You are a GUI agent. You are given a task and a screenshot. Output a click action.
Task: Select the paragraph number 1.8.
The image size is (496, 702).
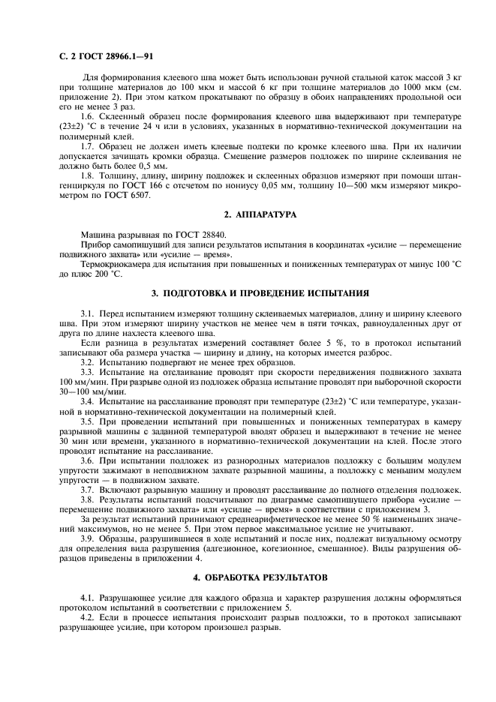90,175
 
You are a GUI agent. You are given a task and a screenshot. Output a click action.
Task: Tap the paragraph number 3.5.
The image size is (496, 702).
90,422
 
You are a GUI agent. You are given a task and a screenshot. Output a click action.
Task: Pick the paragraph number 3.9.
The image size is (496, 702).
90,538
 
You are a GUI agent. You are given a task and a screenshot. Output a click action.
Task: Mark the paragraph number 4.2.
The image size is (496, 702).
90,617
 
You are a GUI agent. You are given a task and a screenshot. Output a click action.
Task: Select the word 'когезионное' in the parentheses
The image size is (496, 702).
268,548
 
